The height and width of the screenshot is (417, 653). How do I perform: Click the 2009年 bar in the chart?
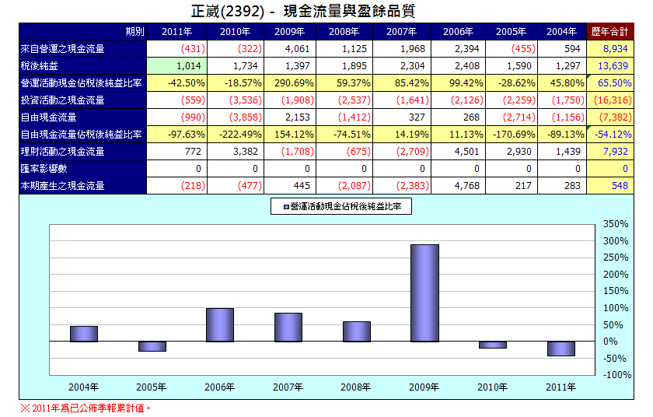[424, 293]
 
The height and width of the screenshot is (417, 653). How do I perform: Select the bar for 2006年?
[220, 324]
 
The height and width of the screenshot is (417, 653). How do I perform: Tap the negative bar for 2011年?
[560, 349]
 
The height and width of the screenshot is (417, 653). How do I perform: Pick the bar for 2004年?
[84, 334]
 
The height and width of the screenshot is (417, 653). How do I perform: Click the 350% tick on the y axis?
[615, 224]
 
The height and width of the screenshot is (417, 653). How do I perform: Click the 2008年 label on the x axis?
[356, 387]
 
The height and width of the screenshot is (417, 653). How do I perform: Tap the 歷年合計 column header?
[609, 32]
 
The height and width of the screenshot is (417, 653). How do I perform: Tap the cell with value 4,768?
[459, 185]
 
